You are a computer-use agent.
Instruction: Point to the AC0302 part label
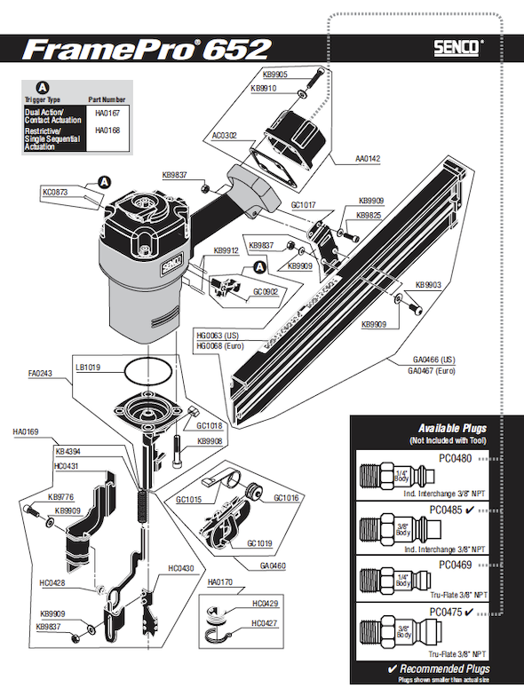[x=226, y=136]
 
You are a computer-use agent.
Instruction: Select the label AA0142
[x=368, y=159]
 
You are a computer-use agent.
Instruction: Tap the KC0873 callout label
[x=55, y=192]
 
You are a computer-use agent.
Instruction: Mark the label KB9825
[x=369, y=215]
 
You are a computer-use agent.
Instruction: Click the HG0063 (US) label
[x=218, y=335]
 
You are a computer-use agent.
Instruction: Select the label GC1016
[x=287, y=498]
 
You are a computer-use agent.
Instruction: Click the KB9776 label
[x=61, y=497]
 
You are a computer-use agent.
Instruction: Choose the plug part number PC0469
[x=449, y=563]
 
